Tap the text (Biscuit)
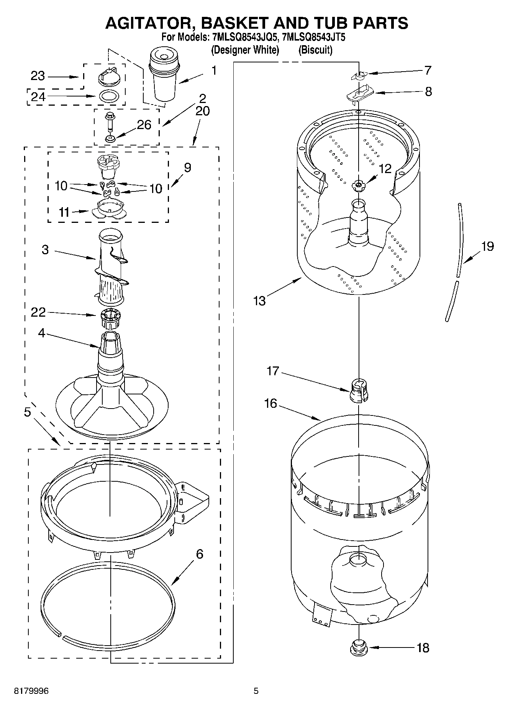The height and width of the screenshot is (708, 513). (x=315, y=50)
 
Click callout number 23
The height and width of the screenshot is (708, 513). (x=38, y=76)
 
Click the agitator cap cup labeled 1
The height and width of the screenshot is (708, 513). (x=164, y=77)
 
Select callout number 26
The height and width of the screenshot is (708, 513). (x=144, y=125)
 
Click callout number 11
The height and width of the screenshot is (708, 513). (x=64, y=212)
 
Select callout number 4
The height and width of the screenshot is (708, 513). (x=42, y=333)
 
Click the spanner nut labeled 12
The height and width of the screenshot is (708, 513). (x=358, y=185)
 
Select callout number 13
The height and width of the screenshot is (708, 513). (x=259, y=301)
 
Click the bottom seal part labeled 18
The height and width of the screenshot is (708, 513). (x=359, y=647)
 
